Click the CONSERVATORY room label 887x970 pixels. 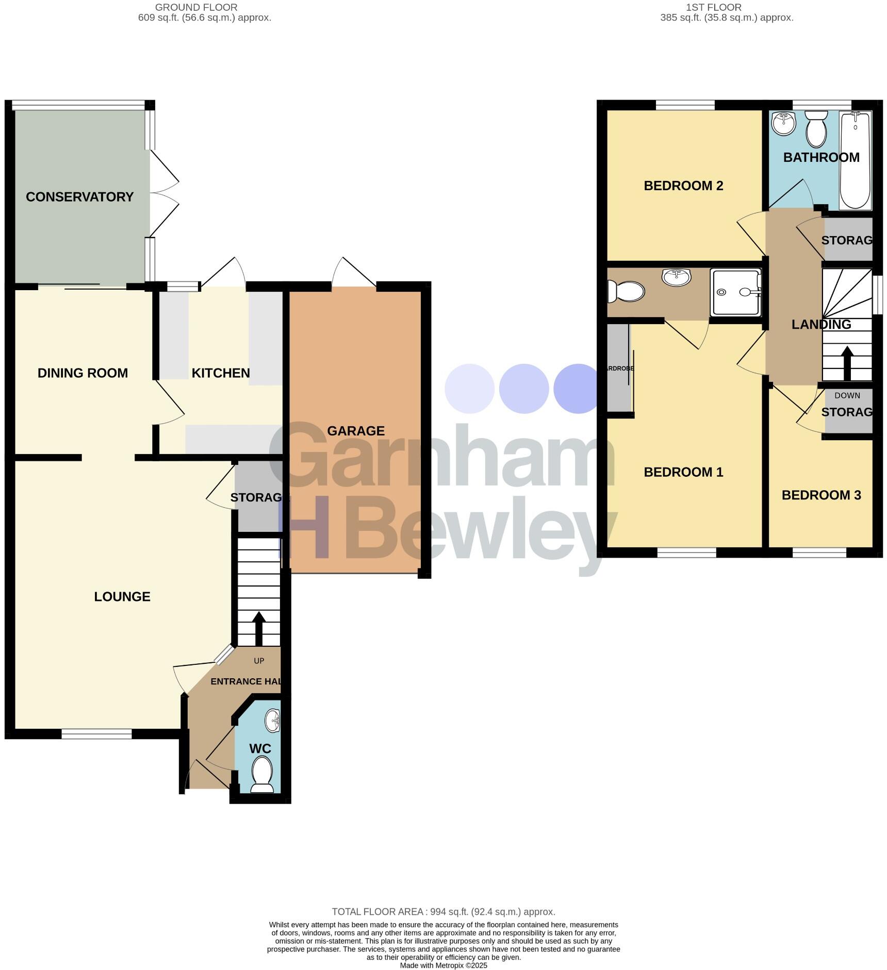(79, 197)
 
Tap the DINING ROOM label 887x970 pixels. (83, 373)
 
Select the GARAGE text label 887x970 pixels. (356, 431)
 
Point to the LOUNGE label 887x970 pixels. (122, 597)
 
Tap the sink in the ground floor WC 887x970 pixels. (273, 720)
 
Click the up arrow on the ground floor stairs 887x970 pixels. (258, 627)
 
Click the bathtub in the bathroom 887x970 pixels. (855, 160)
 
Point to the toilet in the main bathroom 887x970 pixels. (816, 129)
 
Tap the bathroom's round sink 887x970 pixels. (784, 123)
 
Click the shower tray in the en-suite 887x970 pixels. (736, 292)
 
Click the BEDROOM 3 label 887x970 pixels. (822, 495)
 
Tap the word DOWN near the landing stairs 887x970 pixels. (847, 395)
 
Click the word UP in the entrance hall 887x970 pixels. (259, 661)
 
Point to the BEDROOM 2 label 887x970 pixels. (683, 186)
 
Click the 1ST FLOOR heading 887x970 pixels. (714, 7)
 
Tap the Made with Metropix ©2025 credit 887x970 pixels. (444, 965)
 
